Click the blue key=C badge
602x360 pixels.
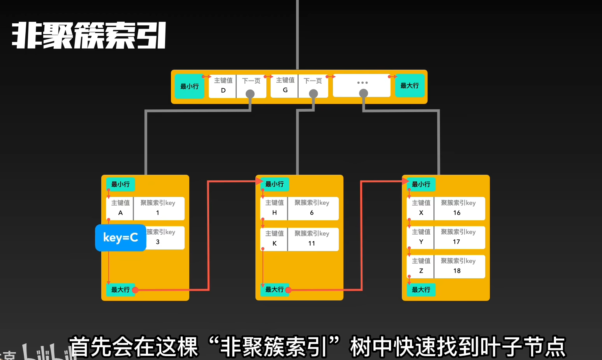(x=121, y=237)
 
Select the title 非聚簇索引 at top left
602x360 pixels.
(x=89, y=35)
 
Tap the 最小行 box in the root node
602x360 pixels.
(x=189, y=86)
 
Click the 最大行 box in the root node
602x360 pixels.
(x=410, y=86)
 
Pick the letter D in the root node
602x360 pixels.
(x=223, y=90)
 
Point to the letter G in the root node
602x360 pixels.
(x=285, y=90)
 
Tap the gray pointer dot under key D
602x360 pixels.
(x=250, y=94)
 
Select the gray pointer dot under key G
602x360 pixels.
(x=313, y=94)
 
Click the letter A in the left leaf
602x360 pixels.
(x=120, y=213)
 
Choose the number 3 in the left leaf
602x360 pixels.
(x=158, y=242)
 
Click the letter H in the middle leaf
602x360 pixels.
(x=275, y=213)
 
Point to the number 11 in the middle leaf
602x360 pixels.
(x=312, y=243)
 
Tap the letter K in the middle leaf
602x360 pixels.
(x=275, y=243)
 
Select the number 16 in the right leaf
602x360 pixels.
(x=457, y=213)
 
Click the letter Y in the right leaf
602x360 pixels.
(x=421, y=242)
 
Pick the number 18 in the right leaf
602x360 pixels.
(x=457, y=271)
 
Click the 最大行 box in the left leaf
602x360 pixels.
(x=120, y=290)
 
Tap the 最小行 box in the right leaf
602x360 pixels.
(x=421, y=184)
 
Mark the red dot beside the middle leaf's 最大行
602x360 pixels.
(x=289, y=290)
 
